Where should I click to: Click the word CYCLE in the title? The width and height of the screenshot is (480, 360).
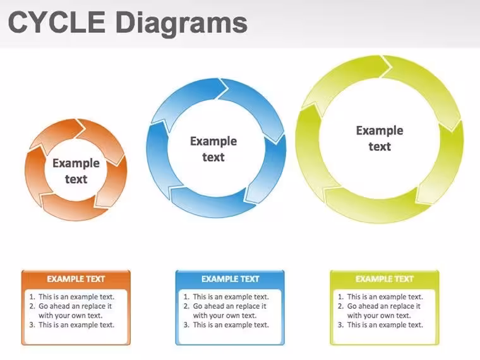(x=57, y=22)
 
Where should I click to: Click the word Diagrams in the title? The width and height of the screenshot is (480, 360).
(x=181, y=25)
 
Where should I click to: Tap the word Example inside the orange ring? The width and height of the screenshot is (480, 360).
(x=76, y=164)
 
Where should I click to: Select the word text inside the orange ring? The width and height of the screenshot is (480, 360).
(x=76, y=179)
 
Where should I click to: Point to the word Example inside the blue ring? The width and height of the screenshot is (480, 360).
(x=213, y=141)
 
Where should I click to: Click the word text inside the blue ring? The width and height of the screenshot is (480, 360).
(x=213, y=157)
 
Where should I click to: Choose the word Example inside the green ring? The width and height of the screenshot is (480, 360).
(x=380, y=131)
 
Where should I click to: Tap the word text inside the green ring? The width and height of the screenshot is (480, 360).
(x=380, y=147)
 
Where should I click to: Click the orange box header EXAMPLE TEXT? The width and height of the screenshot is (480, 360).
(x=76, y=279)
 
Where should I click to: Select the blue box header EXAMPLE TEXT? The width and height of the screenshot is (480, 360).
(x=230, y=279)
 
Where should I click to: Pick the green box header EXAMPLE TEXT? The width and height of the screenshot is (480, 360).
(x=385, y=279)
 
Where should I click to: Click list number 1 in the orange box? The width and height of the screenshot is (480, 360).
(x=32, y=297)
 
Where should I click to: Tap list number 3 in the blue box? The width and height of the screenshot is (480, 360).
(x=186, y=325)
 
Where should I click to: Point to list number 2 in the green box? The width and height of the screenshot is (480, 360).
(x=340, y=306)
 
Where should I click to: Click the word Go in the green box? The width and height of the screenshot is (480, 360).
(x=352, y=306)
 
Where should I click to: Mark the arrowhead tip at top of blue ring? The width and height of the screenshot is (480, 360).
(x=229, y=88)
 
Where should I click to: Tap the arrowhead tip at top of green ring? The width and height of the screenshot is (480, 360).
(x=392, y=66)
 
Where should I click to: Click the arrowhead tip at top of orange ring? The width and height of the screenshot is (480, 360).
(x=85, y=128)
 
